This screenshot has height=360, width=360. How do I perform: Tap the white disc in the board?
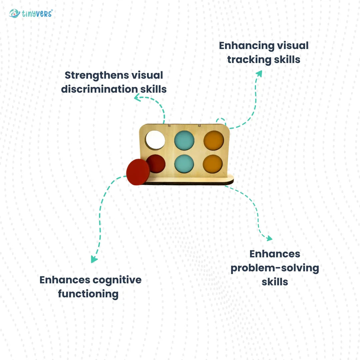pos(155,140)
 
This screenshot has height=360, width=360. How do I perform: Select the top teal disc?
pos(184,140)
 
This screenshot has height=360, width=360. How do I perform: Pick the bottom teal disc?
pos(184,164)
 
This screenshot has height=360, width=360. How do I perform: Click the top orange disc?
pos(214,140)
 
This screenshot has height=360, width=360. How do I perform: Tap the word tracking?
pos(244,60)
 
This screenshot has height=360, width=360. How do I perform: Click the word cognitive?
pos(117,280)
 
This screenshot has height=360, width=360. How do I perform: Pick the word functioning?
pos(88,294)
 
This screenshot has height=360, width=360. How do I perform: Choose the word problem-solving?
pos(275,268)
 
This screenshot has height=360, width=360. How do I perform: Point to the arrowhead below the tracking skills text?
pos(259,73)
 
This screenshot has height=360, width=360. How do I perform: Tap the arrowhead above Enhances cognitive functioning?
pos(94,259)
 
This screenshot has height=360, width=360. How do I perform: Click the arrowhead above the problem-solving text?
pos(269,238)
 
